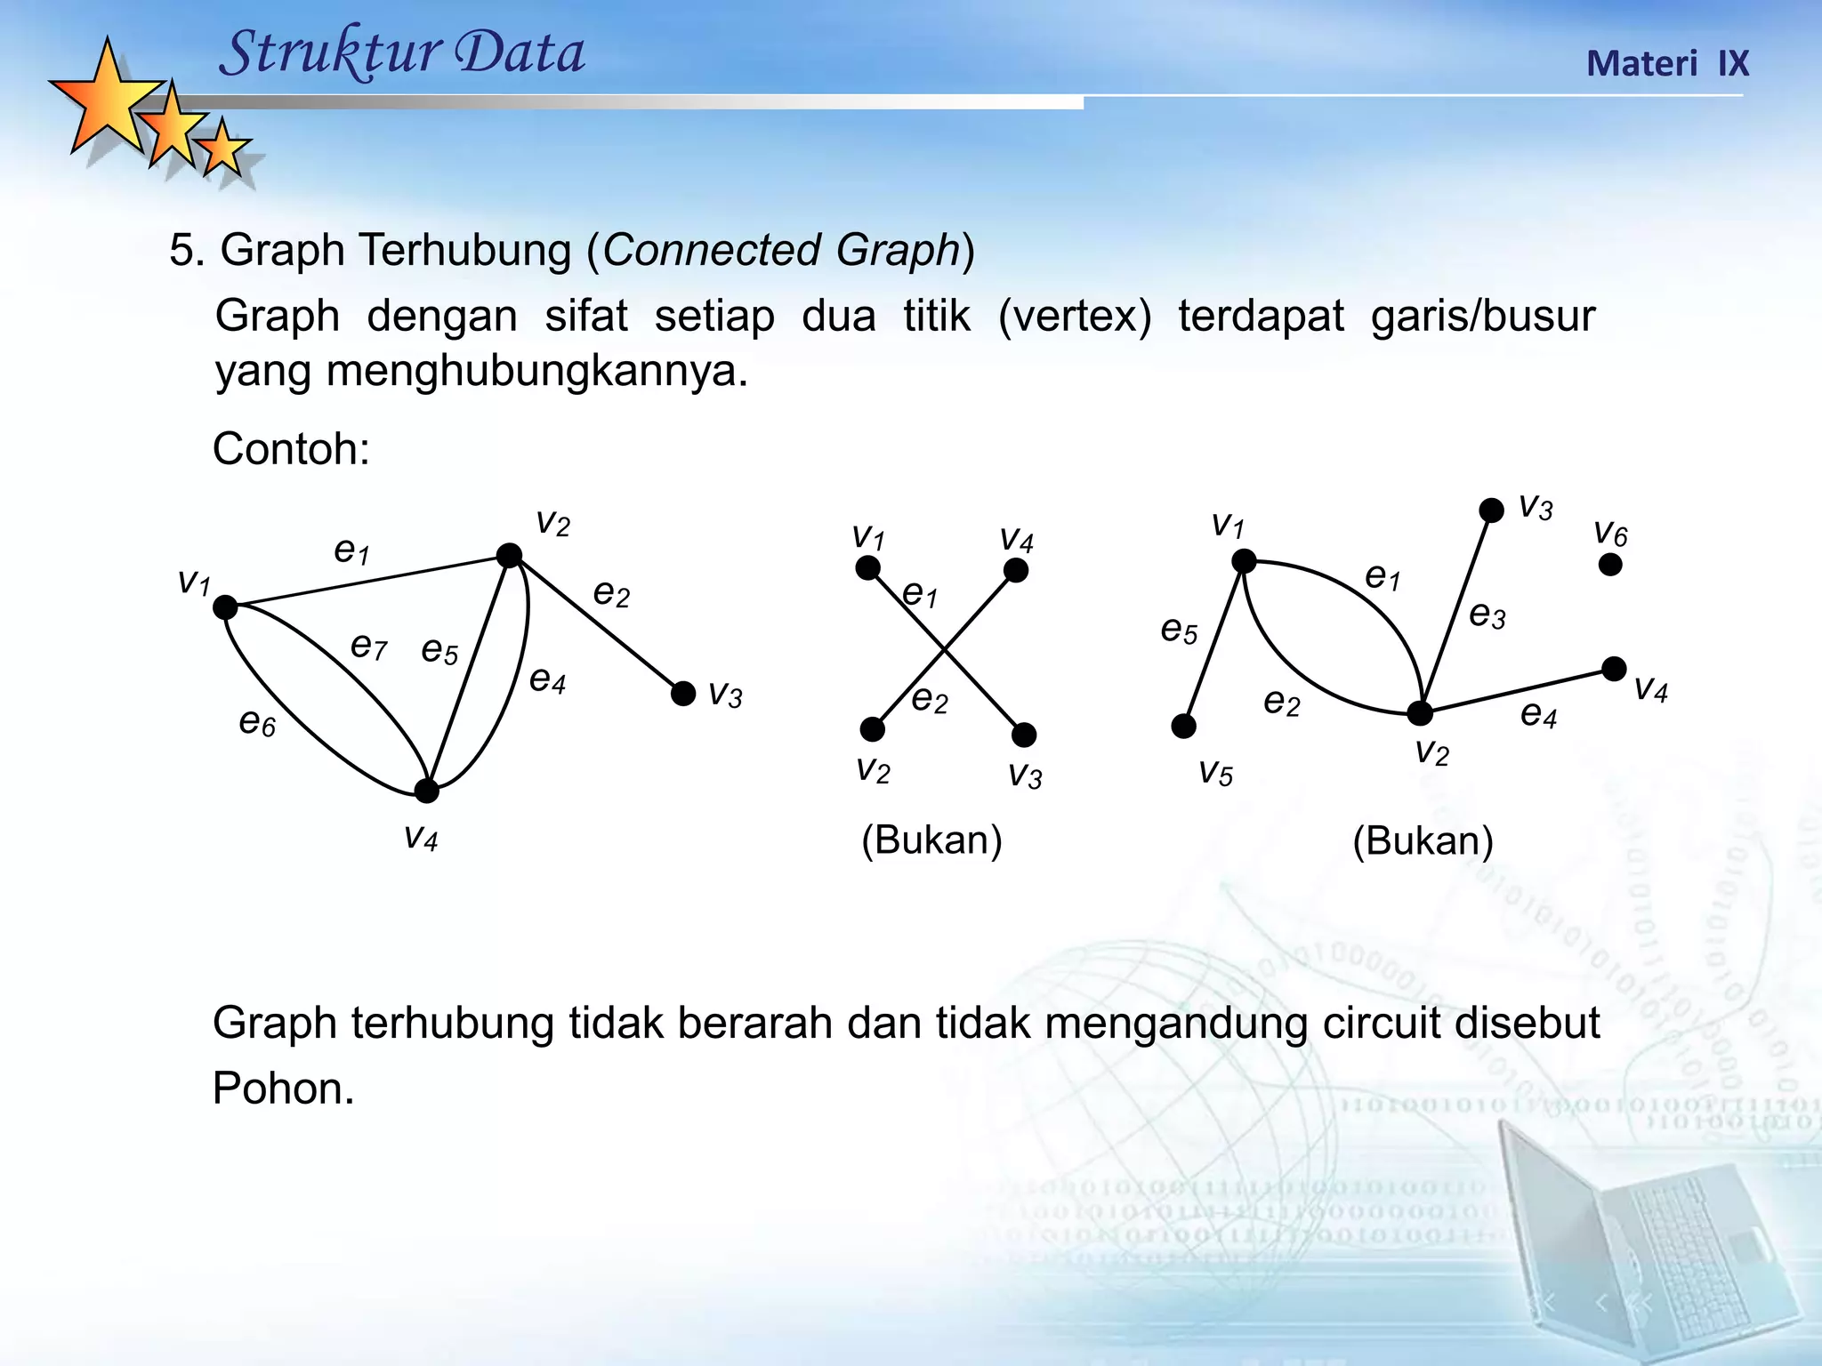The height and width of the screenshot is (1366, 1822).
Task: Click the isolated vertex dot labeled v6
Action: coord(1610,564)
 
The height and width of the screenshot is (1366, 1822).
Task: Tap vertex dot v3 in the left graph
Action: coord(683,694)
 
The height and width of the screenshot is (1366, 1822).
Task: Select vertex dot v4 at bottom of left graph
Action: coord(427,790)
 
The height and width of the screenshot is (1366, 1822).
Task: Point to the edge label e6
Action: coord(257,722)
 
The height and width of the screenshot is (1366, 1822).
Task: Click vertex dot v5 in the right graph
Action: coord(1183,727)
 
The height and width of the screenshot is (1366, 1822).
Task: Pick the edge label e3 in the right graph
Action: coord(1487,615)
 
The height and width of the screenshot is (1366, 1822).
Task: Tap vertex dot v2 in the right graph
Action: coord(1420,713)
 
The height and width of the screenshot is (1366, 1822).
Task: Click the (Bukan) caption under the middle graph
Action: coord(931,840)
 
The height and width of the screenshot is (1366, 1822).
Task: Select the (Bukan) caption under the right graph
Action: coord(1423,840)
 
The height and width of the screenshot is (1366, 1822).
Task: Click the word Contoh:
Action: coord(291,449)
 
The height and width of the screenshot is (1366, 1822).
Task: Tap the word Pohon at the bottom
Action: coord(282,1089)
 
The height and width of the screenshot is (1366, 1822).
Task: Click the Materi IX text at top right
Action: coord(1667,64)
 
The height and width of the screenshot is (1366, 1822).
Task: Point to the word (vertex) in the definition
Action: coord(1075,317)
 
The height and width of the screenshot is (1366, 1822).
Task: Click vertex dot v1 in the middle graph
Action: coord(867,567)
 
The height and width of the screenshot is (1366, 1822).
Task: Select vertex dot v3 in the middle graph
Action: coord(1024,735)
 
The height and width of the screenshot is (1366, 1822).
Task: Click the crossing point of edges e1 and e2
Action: coord(944,650)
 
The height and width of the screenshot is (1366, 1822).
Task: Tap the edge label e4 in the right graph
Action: coord(1538,714)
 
